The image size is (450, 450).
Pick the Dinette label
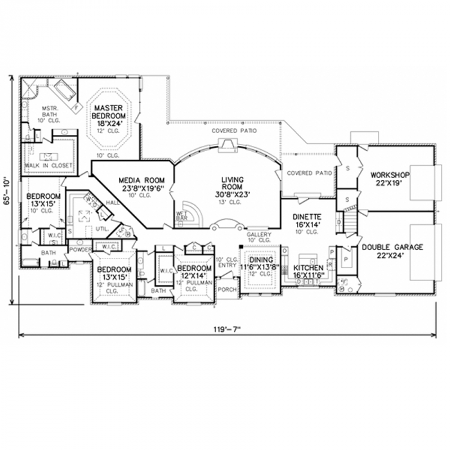[x=307, y=217]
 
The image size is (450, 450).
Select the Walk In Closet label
[x=49, y=165]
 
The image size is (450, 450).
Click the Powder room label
[x=80, y=249]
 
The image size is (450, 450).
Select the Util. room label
[x=101, y=228]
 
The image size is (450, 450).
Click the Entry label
[x=226, y=264]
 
